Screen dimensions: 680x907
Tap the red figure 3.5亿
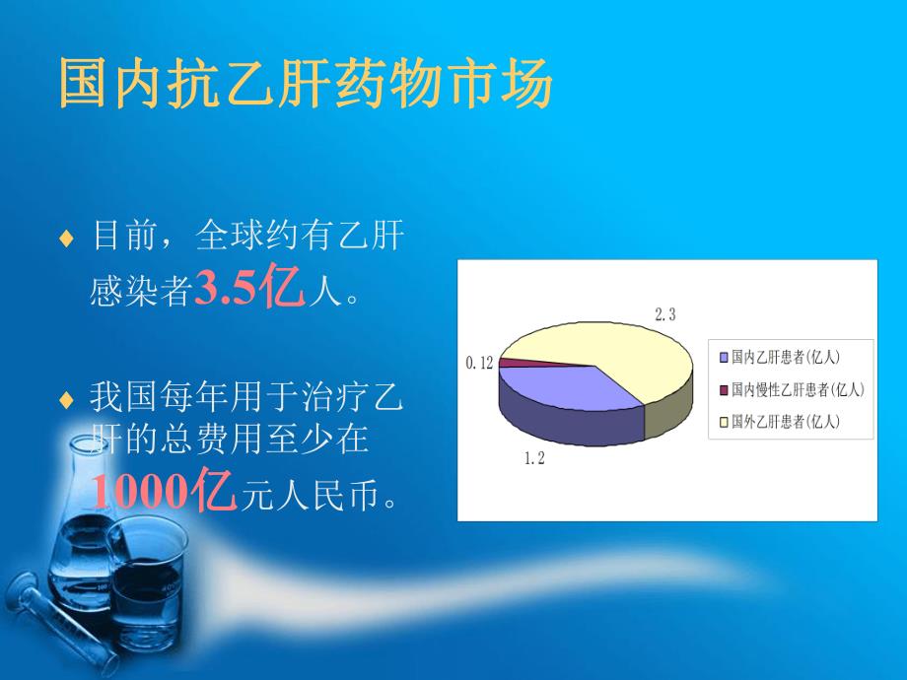pyautogui.click(x=249, y=290)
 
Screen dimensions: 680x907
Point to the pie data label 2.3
pyautogui.click(x=665, y=314)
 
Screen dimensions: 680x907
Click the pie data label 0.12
pyautogui.click(x=478, y=364)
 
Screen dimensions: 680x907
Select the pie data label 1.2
pyautogui.click(x=533, y=459)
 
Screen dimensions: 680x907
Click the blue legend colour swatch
pyautogui.click(x=725, y=357)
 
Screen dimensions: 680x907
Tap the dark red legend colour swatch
pyautogui.click(x=725, y=389)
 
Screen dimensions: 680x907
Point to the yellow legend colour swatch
pyautogui.click(x=725, y=422)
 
